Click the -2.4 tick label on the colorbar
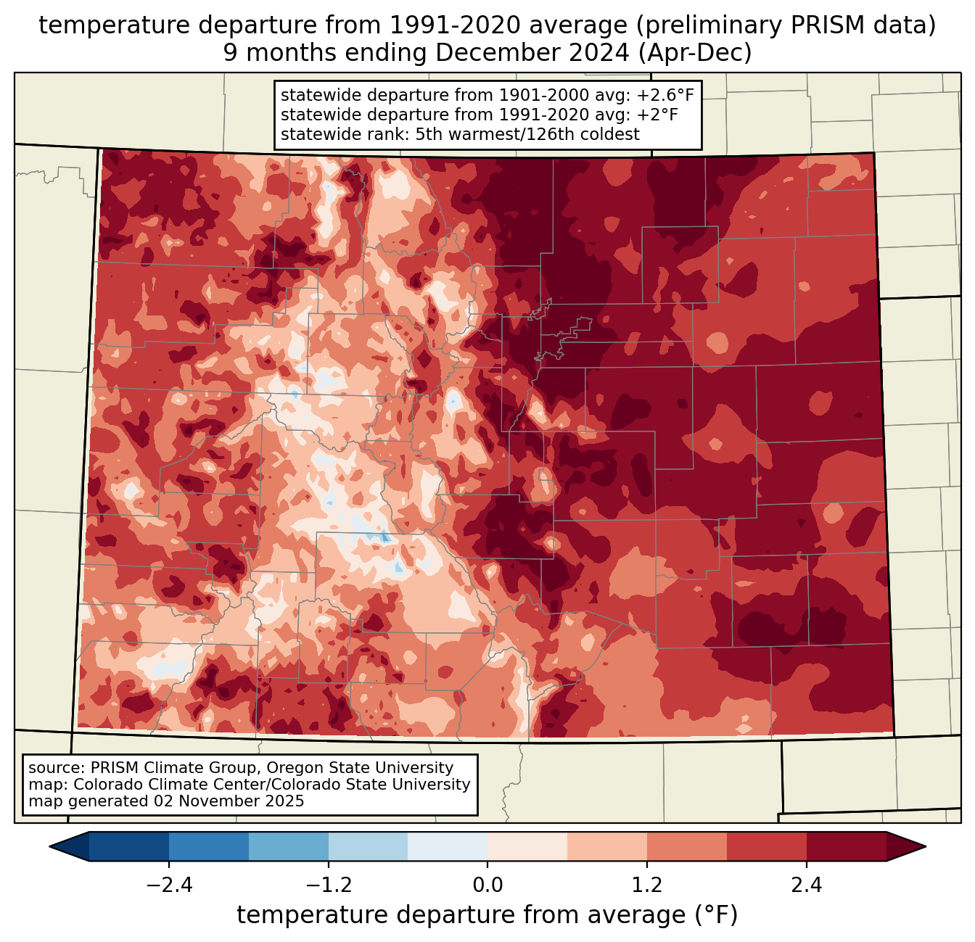(x=169, y=885)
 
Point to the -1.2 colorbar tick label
(x=329, y=885)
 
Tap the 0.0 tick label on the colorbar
(x=487, y=885)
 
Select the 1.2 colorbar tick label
(x=647, y=885)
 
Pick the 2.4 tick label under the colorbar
(x=807, y=885)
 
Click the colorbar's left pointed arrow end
(x=50, y=846)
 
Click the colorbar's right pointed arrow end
(x=925, y=846)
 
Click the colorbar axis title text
(x=487, y=915)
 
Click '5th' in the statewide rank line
(x=427, y=134)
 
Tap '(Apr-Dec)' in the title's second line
(x=695, y=53)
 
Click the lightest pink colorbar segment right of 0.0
(x=527, y=846)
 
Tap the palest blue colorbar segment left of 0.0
(x=448, y=846)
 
